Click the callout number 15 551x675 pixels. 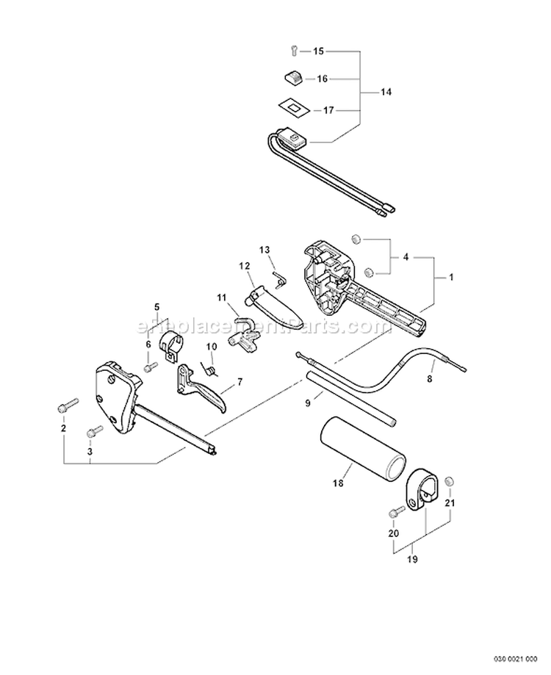pos(318,51)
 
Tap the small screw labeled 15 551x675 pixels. pos(292,51)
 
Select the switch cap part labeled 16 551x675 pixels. pos(292,77)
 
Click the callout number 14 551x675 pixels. pos(386,92)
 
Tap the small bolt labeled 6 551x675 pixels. pos(150,366)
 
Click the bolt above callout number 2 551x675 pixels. pos(68,404)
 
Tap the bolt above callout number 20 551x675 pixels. pos(396,512)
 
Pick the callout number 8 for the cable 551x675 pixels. pos(430,380)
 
